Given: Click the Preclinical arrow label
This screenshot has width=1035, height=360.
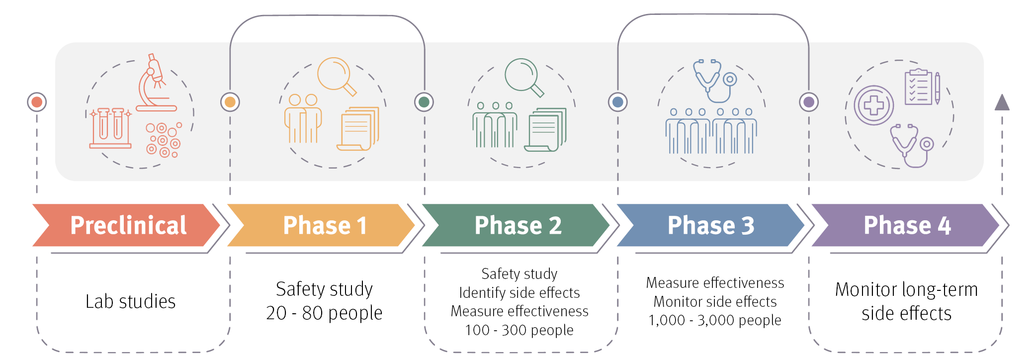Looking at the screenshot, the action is click(128, 225).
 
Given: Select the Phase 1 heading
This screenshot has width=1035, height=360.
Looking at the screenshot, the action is click(325, 225).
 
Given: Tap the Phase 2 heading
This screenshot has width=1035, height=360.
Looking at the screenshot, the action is click(518, 225).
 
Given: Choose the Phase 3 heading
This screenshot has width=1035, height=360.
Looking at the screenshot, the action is click(711, 225).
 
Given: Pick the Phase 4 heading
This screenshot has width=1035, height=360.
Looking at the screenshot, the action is click(907, 225).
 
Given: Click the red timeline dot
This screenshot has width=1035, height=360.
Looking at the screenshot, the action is click(37, 102).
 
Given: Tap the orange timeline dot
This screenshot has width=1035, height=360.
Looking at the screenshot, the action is click(230, 102).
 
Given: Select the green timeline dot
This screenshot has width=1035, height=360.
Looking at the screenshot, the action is click(424, 102).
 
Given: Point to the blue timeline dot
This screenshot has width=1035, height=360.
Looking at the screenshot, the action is click(618, 102).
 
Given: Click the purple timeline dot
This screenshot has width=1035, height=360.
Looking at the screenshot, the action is click(809, 102).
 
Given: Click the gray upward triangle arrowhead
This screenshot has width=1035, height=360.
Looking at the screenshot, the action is click(1002, 102).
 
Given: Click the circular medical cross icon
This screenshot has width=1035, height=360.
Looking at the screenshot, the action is click(874, 105).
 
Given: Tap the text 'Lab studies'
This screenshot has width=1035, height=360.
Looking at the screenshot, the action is click(131, 301).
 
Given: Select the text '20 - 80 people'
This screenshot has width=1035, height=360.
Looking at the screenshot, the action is click(324, 313).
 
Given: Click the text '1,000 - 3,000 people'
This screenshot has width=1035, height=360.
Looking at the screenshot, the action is click(715, 320).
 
